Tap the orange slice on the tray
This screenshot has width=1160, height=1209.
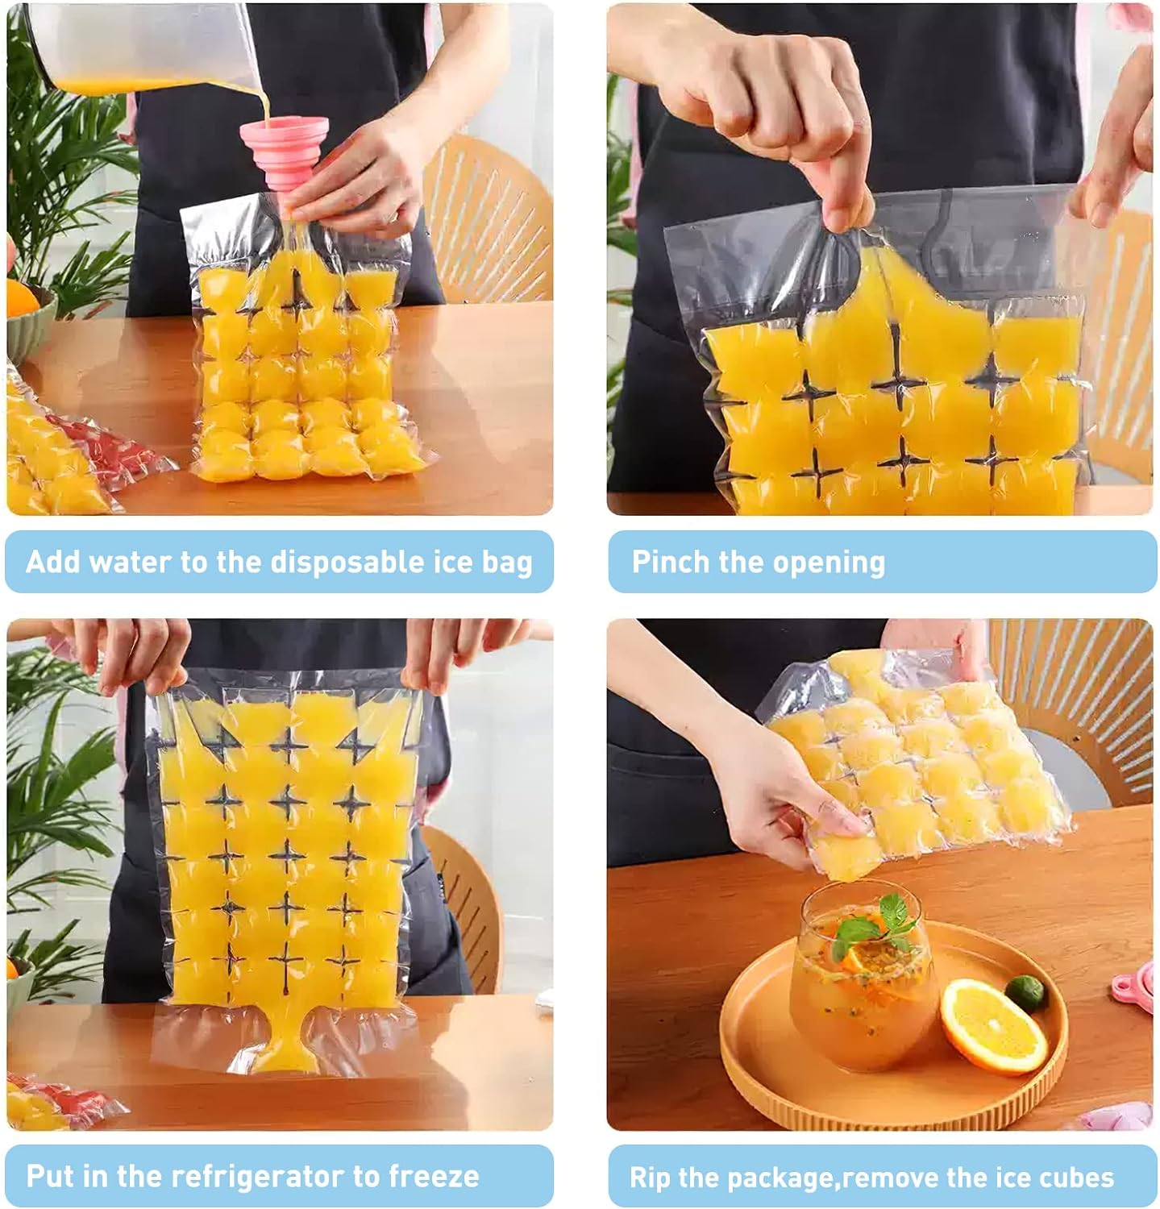coord(993,1026)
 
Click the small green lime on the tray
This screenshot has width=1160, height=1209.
coord(1026,993)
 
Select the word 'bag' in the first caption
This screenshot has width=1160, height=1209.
coord(507,563)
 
